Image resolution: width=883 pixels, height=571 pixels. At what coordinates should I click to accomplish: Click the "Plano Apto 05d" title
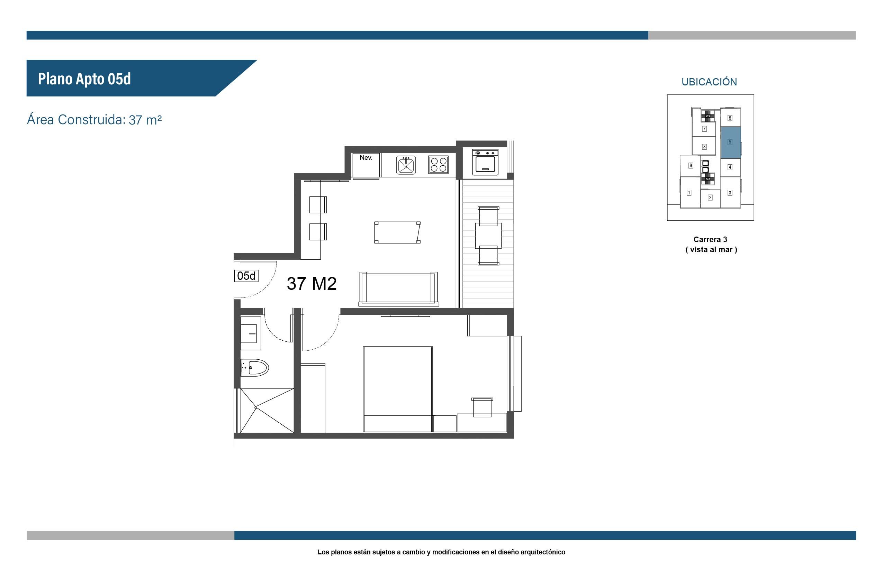coord(84,79)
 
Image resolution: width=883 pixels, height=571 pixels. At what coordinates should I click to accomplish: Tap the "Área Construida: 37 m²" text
coord(94,120)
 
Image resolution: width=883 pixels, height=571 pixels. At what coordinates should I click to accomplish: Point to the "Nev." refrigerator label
coord(366,158)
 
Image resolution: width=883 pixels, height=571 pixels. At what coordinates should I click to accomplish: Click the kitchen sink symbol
coord(406,165)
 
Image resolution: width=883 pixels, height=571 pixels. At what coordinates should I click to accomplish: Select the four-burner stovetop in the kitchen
coord(438,165)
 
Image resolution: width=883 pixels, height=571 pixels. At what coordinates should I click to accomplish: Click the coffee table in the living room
coord(397,232)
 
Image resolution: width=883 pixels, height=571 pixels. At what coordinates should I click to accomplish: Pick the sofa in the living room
coord(398,289)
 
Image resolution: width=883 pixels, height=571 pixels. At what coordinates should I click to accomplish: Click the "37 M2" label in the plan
coord(312,284)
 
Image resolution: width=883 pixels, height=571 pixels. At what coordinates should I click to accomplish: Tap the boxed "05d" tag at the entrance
coord(246,276)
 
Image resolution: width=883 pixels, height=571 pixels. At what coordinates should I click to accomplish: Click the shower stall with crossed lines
coord(267,411)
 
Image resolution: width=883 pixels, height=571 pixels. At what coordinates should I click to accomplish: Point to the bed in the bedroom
coord(398,389)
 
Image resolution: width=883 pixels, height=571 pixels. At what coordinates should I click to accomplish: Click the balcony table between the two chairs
coord(488,236)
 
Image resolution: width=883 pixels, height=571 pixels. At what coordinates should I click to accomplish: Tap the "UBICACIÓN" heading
coord(709,82)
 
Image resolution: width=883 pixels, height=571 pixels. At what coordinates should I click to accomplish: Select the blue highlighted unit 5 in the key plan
coord(730,143)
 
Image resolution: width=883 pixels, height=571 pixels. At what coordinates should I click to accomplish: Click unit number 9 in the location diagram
coord(691,166)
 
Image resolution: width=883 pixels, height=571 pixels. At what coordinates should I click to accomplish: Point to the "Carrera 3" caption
coord(710,240)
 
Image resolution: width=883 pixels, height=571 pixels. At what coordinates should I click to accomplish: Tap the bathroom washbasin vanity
coord(250,333)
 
